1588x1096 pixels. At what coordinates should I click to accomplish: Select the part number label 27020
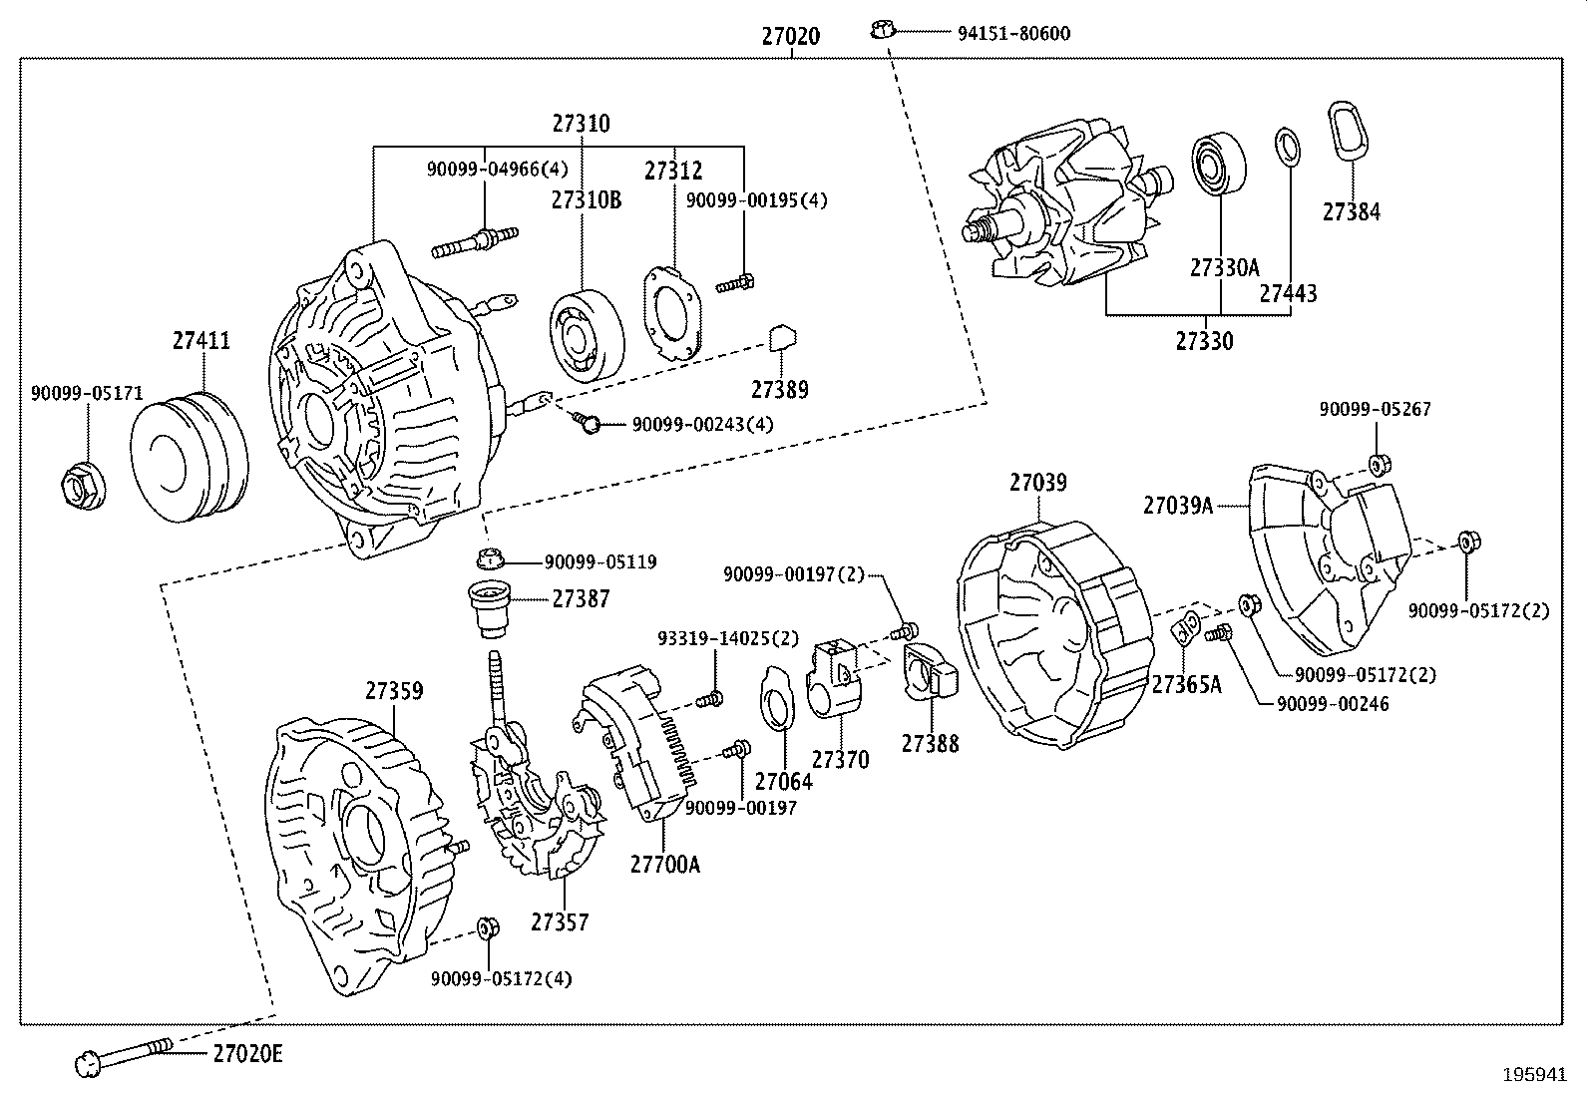point(790,37)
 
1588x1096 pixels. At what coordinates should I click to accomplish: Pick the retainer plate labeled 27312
point(670,311)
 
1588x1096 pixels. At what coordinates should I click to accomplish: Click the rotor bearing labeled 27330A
point(1220,163)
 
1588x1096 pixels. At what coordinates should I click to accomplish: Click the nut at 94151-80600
point(880,29)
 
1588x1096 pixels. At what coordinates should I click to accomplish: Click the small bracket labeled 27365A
point(1187,629)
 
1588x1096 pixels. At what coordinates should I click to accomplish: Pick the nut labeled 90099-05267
point(1379,464)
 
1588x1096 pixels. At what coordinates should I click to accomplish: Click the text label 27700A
point(664,864)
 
